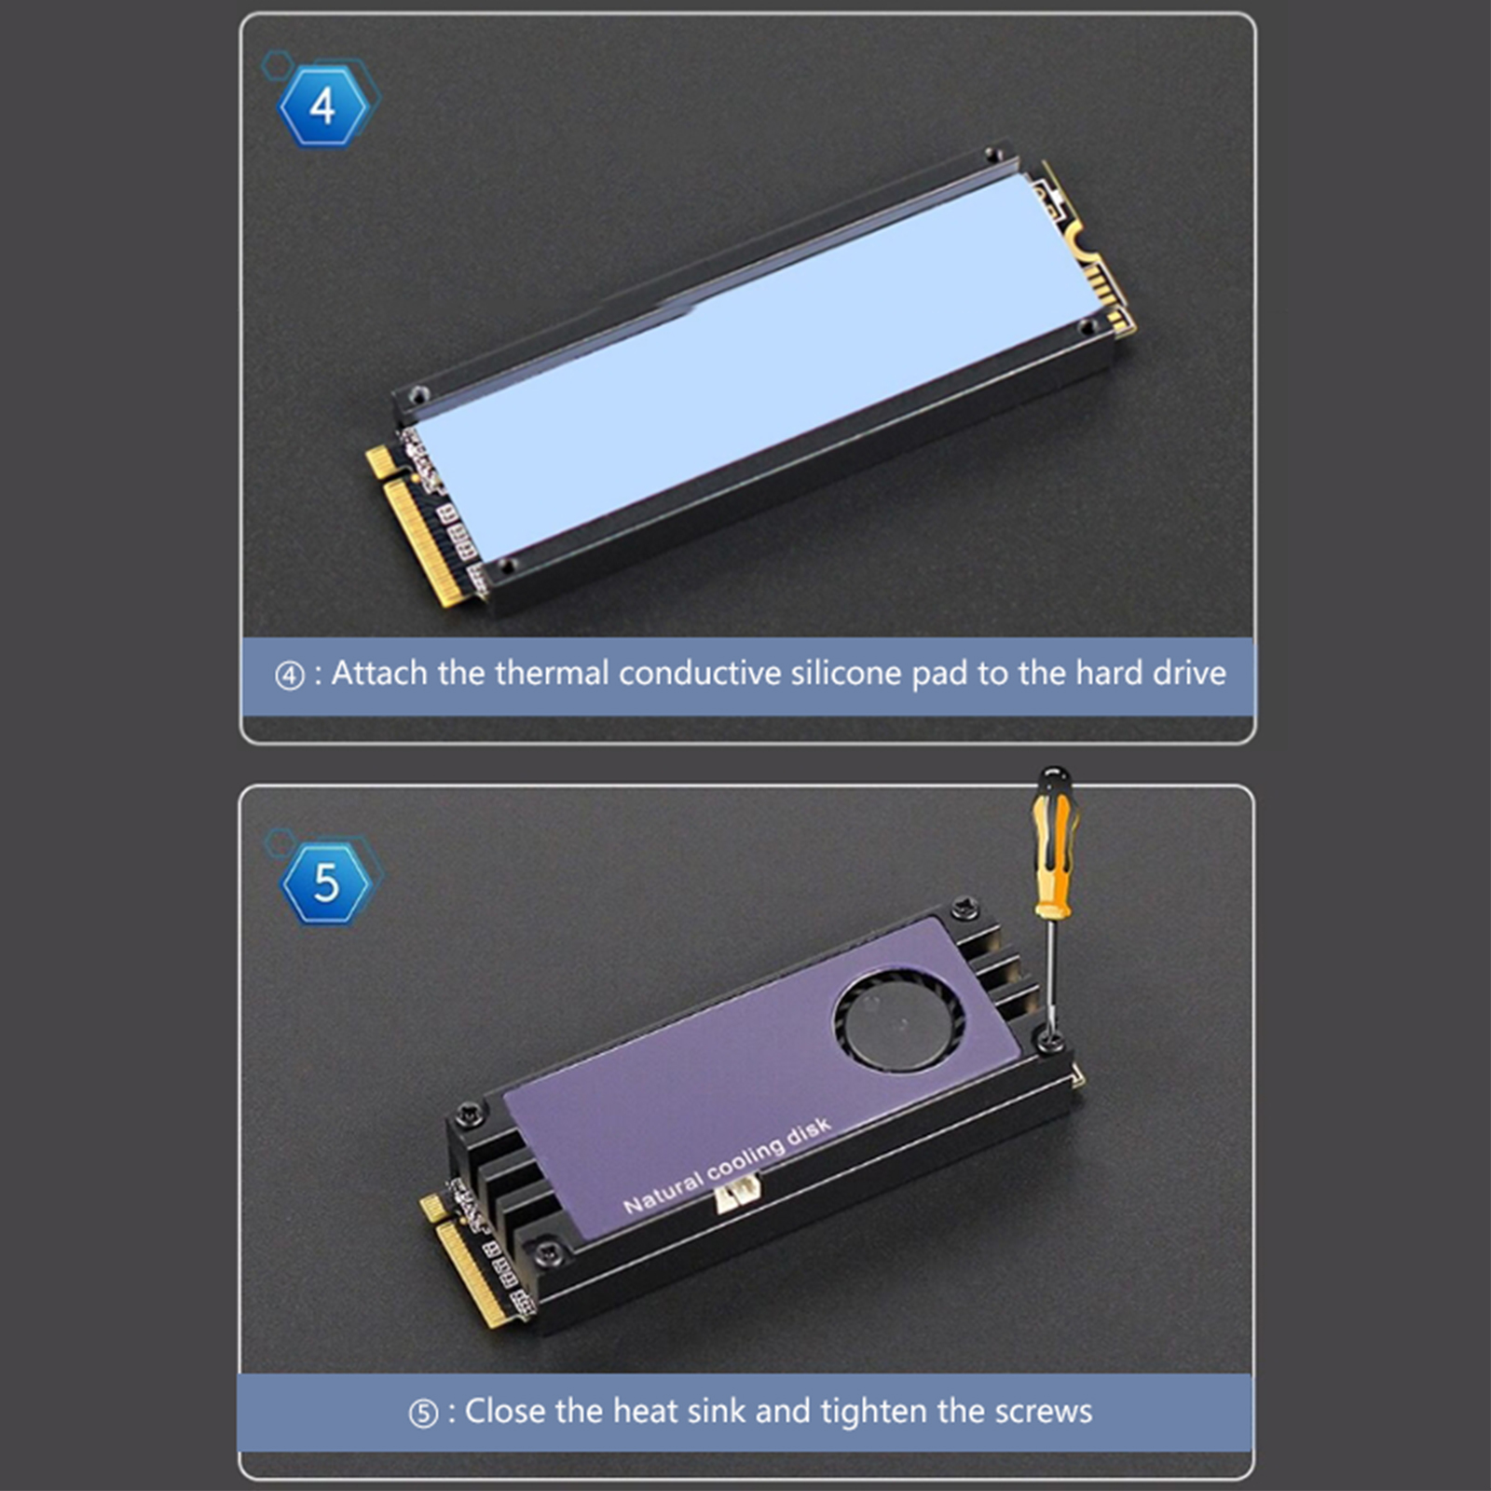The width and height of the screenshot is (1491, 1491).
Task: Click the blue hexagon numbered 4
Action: pyautogui.click(x=322, y=106)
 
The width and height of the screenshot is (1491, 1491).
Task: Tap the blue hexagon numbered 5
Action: pyautogui.click(x=325, y=882)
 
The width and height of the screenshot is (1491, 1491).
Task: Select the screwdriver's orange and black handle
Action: pyautogui.click(x=1054, y=842)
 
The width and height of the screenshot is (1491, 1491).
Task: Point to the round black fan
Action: pyautogui.click(x=898, y=1019)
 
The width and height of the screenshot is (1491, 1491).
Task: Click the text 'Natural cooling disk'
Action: pyautogui.click(x=726, y=1165)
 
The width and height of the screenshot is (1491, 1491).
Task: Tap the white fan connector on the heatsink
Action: pyautogui.click(x=737, y=1193)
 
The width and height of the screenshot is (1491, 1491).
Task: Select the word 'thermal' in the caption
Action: pyautogui.click(x=552, y=673)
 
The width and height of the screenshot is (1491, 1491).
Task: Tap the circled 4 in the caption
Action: pyautogui.click(x=289, y=676)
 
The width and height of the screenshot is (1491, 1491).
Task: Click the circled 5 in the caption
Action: pyautogui.click(x=423, y=1414)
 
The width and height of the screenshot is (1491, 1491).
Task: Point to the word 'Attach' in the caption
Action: pyautogui.click(x=379, y=673)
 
